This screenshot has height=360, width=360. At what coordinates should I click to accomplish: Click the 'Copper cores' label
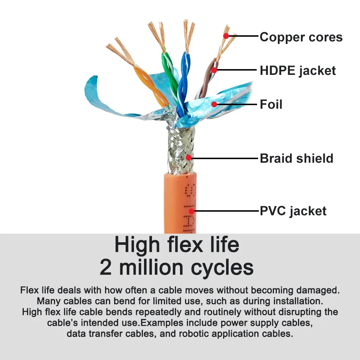301,37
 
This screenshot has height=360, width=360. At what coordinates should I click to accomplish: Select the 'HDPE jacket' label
298,71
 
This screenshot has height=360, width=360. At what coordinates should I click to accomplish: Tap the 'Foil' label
271,104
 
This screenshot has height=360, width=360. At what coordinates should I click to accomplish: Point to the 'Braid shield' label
296,158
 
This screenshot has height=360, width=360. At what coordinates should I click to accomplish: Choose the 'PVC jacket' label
293,211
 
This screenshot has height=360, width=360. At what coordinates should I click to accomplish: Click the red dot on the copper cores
226,36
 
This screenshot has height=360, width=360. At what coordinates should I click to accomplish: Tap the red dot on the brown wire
214,70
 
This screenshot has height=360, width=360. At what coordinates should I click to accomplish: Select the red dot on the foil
214,104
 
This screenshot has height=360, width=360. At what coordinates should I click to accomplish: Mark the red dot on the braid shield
189,158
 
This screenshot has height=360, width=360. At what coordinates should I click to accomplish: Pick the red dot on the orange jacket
192,211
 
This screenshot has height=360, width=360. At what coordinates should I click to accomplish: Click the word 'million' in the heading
151,267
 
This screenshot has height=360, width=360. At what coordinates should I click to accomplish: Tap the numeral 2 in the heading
105,267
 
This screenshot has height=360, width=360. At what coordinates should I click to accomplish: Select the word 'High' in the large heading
137,245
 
